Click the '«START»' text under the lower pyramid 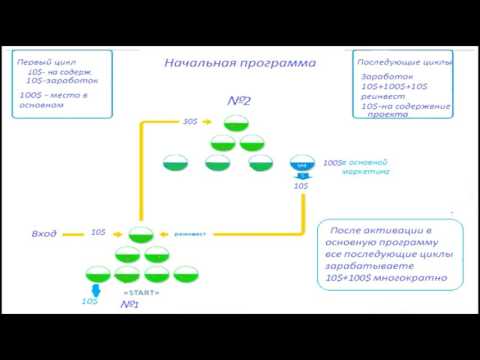[140, 292]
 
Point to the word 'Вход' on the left [43, 233]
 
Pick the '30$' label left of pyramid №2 [190, 122]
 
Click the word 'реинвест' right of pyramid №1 [190, 234]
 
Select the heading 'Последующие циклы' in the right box [405, 62]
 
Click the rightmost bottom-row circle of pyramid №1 [185, 272]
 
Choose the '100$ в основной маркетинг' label [354, 166]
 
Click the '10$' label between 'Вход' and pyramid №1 [98, 232]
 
